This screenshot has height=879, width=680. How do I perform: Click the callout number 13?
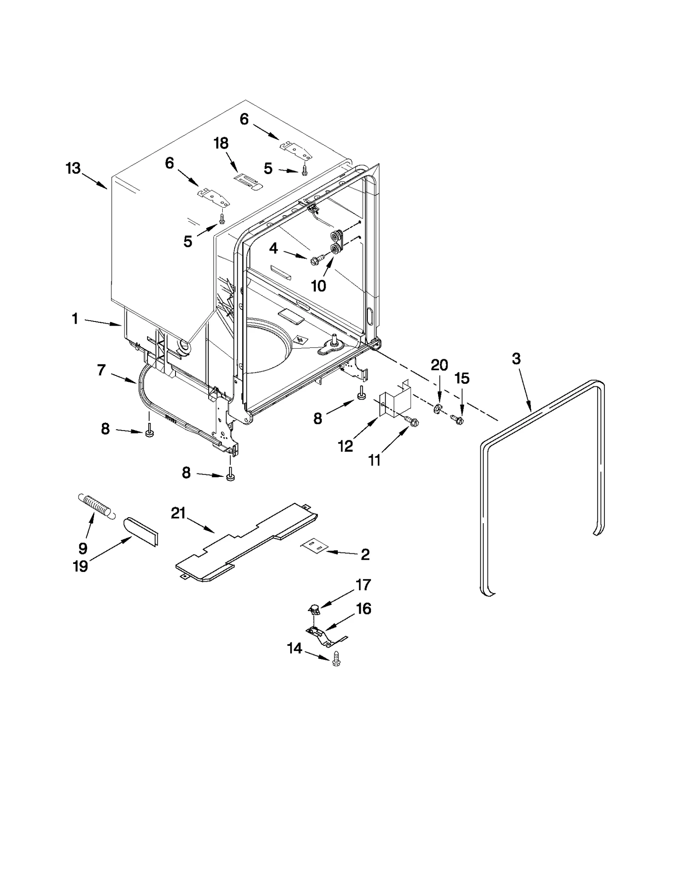click(73, 169)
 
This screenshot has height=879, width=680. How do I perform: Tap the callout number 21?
click(178, 513)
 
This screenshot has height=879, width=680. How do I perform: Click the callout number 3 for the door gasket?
click(516, 359)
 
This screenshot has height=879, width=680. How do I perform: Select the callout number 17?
click(363, 585)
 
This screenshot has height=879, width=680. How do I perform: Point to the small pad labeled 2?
click(314, 547)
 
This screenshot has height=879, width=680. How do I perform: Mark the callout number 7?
click(101, 370)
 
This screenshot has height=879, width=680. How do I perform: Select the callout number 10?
click(319, 286)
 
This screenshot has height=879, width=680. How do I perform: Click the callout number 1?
click(75, 318)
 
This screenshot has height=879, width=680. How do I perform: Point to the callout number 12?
click(346, 446)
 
